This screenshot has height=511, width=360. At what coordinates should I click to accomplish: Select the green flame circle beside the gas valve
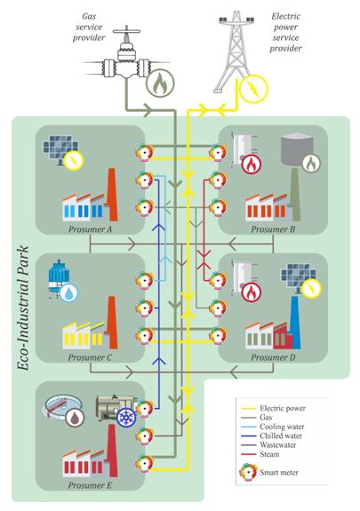click(x=160, y=83)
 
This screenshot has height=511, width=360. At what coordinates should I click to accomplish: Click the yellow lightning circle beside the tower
click(x=253, y=89)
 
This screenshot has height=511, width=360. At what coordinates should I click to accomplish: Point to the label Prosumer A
click(x=90, y=229)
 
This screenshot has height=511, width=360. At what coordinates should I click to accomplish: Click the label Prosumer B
click(x=273, y=229)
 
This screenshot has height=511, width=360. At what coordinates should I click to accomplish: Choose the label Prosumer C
click(x=90, y=357)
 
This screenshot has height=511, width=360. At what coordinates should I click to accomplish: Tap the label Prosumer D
click(x=273, y=357)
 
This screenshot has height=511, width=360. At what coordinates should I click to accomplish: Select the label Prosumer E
click(x=90, y=485)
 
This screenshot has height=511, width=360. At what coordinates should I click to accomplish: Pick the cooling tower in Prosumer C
click(x=58, y=278)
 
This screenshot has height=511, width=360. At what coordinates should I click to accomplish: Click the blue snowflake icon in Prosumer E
click(x=125, y=418)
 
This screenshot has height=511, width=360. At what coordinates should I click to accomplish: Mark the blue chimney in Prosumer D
click(x=295, y=322)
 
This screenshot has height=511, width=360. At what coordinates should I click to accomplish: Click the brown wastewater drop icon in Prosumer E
click(x=75, y=417)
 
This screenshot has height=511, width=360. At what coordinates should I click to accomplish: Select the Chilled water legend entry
click(x=272, y=435)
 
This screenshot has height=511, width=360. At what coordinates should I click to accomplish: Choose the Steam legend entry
click(x=260, y=454)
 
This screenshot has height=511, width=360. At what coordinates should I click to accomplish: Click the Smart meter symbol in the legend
click(x=248, y=472)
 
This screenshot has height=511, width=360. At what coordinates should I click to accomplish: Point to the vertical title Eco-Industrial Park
click(x=23, y=308)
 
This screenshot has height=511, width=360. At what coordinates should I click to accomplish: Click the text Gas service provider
click(x=89, y=27)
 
